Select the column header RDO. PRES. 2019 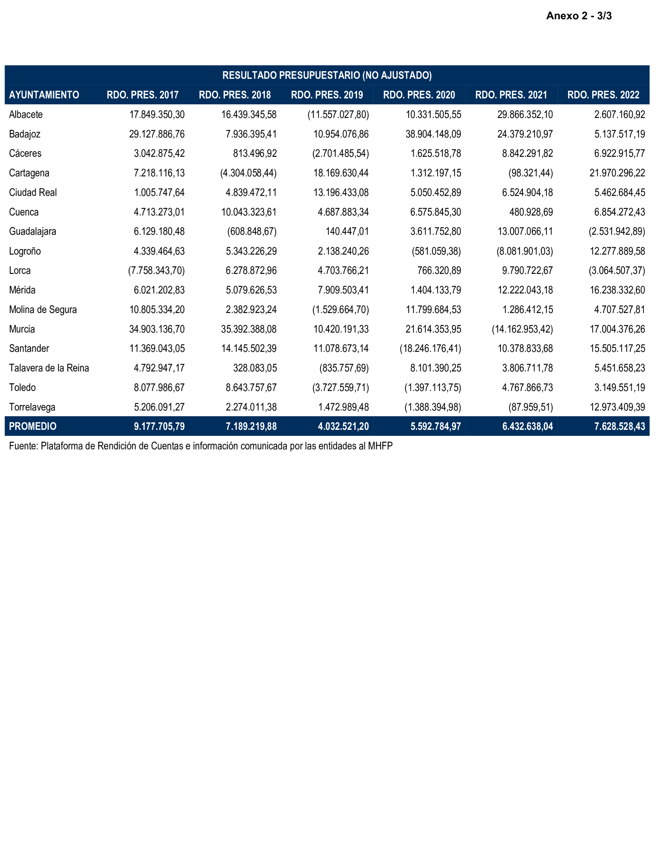[x=327, y=95]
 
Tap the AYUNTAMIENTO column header [x=44, y=95]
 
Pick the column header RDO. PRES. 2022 [x=603, y=95]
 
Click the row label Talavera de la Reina [x=49, y=368]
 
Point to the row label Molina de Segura [x=43, y=310]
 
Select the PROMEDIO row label [x=33, y=426]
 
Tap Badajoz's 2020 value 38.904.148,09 [x=433, y=134]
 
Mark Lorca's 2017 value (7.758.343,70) [x=156, y=271]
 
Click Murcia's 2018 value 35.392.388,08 [x=249, y=329]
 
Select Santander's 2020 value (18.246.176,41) [x=430, y=349]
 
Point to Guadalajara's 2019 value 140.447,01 [x=347, y=231]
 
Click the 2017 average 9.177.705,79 [x=159, y=426]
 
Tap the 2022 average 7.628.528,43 [x=620, y=426]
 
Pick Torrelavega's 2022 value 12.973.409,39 [x=617, y=407]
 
